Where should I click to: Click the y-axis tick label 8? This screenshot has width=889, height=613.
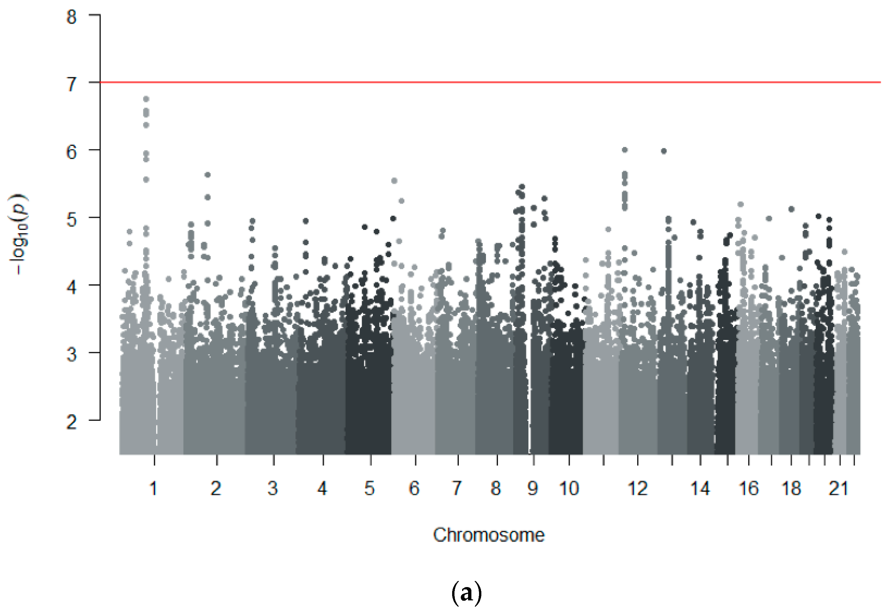[x=71, y=17]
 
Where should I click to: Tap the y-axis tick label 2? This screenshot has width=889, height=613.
[x=71, y=422]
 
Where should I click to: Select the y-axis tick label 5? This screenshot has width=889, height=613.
[x=71, y=220]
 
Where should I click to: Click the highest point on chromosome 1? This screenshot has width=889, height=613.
[x=146, y=99]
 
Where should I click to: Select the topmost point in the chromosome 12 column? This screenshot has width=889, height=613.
[x=625, y=150]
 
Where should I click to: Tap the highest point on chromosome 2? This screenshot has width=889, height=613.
[x=207, y=175]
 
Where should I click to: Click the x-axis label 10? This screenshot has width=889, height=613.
[x=569, y=488]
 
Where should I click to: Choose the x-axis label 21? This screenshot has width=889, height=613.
[x=838, y=488]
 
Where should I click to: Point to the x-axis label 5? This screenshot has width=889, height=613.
[x=369, y=488]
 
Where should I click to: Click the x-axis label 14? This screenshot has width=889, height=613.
[x=700, y=488]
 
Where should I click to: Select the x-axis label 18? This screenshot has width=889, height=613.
[x=791, y=488]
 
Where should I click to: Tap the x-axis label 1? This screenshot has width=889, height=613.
[x=153, y=488]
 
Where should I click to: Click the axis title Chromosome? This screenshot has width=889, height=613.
[x=488, y=535]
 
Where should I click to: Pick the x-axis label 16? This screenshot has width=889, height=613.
[x=749, y=488]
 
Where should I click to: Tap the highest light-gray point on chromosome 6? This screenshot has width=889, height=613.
[x=394, y=181]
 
